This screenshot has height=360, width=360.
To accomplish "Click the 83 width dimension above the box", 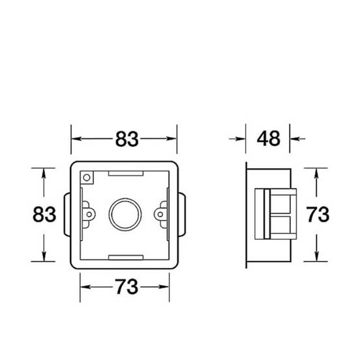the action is [127, 139].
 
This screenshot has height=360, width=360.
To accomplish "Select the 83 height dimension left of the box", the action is [44, 215].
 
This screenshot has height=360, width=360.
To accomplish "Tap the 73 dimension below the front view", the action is [127, 287].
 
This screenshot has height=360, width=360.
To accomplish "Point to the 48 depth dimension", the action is [269, 138].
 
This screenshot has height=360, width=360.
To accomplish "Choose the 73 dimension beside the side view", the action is [318, 215].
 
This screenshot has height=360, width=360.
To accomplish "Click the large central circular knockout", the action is [125, 215].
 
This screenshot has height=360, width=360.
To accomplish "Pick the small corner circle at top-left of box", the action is [87, 177].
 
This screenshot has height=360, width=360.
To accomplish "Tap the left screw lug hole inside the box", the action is [89, 215].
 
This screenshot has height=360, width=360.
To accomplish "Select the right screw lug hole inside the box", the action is [160, 215].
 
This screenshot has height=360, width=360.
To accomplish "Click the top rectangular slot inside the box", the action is [126, 173].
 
